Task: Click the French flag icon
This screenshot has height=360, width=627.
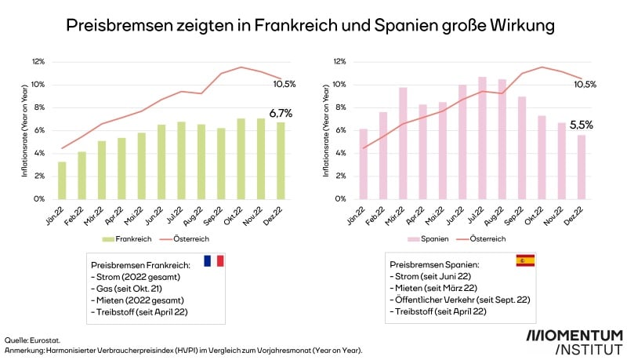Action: [213, 260]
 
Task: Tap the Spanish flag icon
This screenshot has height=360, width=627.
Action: [525, 260]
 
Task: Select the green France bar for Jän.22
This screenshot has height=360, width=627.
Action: [62, 180]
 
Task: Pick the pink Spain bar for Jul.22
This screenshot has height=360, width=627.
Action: [482, 138]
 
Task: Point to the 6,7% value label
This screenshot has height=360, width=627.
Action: [281, 113]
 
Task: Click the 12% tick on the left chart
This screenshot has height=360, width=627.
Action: [38, 62]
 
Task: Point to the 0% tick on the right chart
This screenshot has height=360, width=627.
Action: [339, 199]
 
